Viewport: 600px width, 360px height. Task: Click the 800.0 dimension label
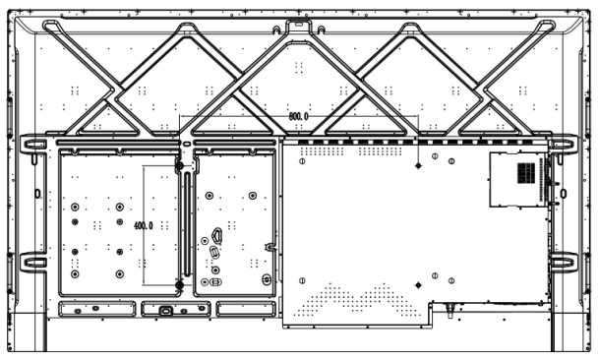[298, 116]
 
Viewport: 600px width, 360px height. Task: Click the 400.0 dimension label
[144, 225]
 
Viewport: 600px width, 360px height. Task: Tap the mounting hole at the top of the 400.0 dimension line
[179, 166]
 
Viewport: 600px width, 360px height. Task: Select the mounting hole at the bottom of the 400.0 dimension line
[179, 285]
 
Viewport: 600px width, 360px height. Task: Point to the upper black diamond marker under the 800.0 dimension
[418, 165]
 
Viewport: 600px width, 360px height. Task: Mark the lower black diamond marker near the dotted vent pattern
[418, 285]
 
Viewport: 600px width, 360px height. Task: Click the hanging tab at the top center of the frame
[299, 26]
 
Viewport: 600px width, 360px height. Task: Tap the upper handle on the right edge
[564, 145]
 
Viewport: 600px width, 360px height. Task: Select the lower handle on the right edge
[564, 263]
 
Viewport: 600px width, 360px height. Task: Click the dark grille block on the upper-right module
[526, 173]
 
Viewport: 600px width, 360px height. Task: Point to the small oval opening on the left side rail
[37, 194]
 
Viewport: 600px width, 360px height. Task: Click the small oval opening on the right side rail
[564, 194]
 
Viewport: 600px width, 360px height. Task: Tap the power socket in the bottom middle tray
[166, 311]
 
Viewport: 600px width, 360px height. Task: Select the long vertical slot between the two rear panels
[187, 224]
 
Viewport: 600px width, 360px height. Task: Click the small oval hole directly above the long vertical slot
[187, 145]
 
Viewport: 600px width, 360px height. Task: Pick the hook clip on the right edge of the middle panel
[270, 247]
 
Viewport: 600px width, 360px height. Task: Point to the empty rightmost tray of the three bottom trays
[246, 309]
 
